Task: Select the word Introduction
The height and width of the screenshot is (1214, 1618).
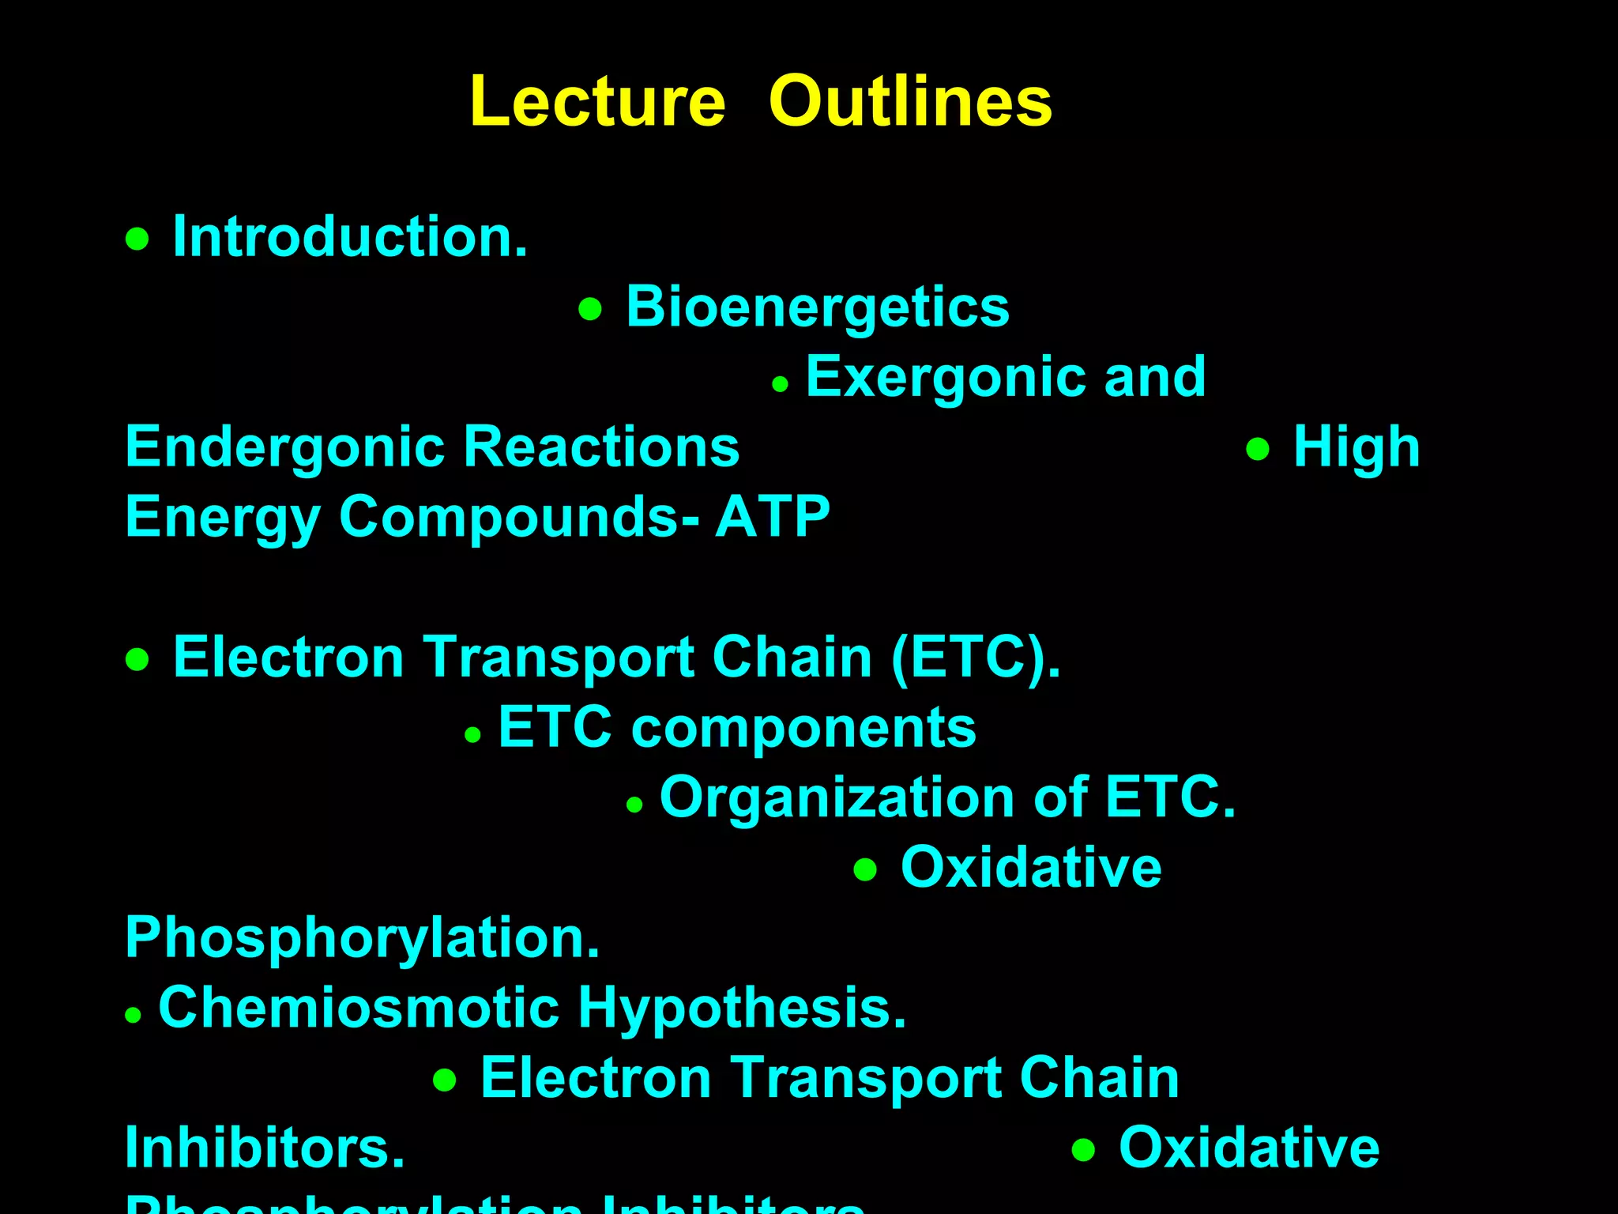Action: [350, 236]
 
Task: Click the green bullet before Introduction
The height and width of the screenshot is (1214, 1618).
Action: [137, 239]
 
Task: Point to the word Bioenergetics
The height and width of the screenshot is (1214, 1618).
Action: [818, 307]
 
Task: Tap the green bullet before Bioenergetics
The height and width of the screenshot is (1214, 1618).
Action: [590, 309]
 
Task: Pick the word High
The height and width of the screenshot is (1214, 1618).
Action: [1356, 447]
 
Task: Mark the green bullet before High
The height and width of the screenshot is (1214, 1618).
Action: [1257, 450]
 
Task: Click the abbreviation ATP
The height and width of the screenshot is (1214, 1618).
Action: [773, 516]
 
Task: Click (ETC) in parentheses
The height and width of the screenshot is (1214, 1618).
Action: [976, 657]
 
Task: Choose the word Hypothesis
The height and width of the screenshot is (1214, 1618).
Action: [742, 1008]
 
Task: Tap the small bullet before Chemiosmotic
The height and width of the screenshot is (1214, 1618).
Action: [133, 1015]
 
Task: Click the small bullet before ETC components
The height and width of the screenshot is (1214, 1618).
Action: [472, 735]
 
